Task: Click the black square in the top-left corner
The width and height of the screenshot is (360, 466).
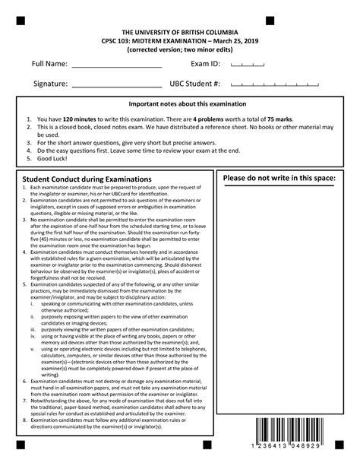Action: (x=20, y=20)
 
